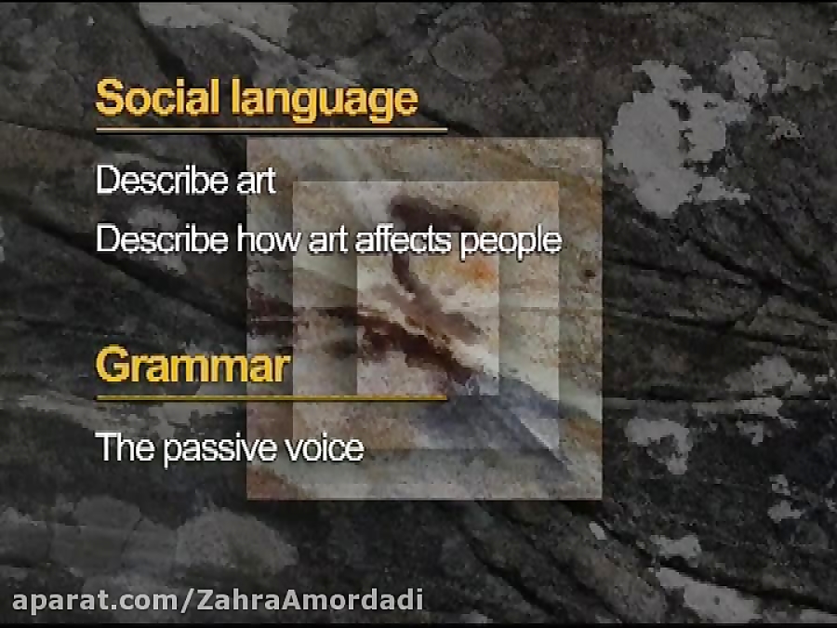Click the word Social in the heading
pyautogui.click(x=158, y=98)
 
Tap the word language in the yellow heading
pyautogui.click(x=325, y=100)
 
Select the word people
pyautogui.click(x=511, y=242)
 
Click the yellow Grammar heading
pyautogui.click(x=193, y=365)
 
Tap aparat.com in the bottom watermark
pyautogui.click(x=97, y=601)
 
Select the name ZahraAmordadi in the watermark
pyautogui.click(x=310, y=600)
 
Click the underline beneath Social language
pyautogui.click(x=272, y=129)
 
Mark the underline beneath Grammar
pyautogui.click(x=272, y=397)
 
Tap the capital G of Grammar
pyautogui.click(x=113, y=365)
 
